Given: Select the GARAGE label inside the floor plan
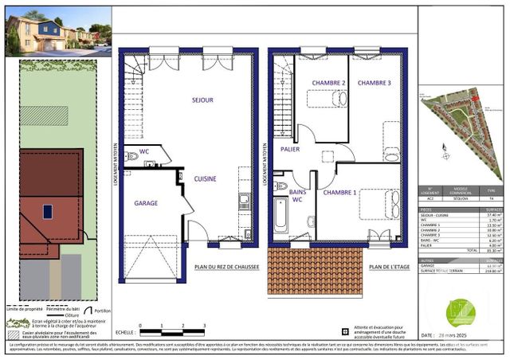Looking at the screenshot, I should click(x=146, y=204).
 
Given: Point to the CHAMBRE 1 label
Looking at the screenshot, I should click(x=339, y=193).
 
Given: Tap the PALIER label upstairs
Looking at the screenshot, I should click(x=289, y=149).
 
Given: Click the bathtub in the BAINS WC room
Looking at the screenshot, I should click(x=280, y=215).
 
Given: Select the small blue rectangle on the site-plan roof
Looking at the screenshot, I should click(x=48, y=212).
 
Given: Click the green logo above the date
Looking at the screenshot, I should click(x=461, y=311).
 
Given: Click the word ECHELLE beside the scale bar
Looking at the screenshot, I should click(x=124, y=332).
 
